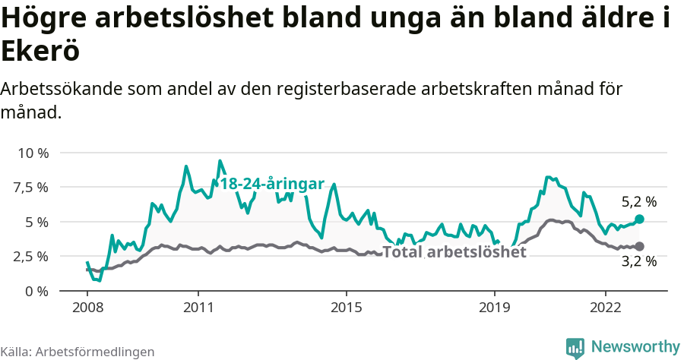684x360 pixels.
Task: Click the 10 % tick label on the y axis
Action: point(33,153)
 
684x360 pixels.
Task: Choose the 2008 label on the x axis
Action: point(87,308)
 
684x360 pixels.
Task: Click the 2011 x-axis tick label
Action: point(198,308)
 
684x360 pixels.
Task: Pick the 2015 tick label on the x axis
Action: point(347,308)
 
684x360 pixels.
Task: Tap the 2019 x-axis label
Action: point(495,308)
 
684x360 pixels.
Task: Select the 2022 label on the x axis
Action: point(606,308)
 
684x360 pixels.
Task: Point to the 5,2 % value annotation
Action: point(638,202)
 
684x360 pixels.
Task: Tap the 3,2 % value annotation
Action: point(638,261)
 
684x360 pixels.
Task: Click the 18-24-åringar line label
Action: point(272,184)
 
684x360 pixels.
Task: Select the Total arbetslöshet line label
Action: point(454,252)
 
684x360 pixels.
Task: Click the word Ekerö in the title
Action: point(40,52)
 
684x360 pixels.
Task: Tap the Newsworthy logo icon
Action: point(575,347)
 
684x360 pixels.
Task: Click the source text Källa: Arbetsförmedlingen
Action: point(78,352)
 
